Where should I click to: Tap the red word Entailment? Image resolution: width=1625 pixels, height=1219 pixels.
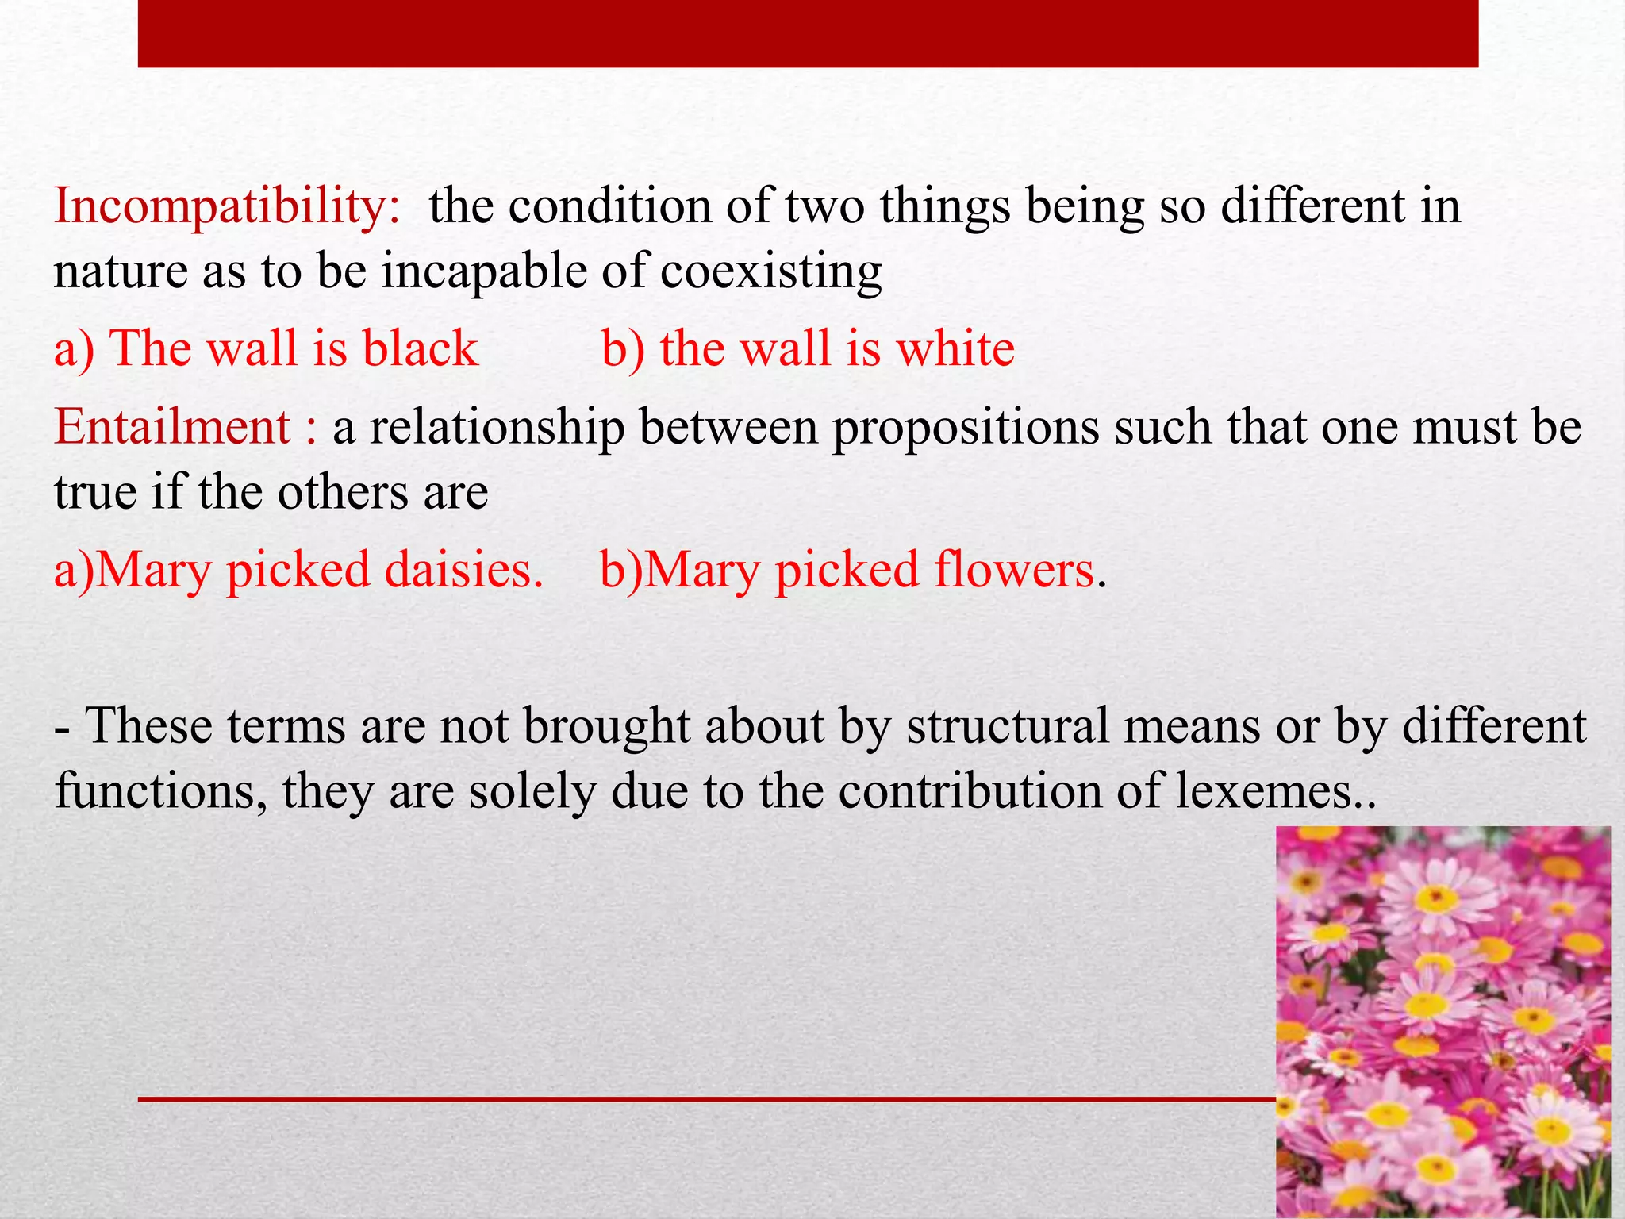173,427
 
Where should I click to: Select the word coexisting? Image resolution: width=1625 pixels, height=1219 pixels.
770,271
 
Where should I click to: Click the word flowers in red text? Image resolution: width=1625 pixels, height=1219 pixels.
1014,570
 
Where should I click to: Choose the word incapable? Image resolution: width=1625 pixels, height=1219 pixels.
484,271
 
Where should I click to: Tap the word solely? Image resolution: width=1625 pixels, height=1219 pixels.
532,791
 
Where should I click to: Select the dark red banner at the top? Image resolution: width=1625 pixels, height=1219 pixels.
808,33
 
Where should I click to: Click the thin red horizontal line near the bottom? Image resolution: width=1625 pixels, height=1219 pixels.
706,1099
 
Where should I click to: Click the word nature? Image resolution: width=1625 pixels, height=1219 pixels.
120,271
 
